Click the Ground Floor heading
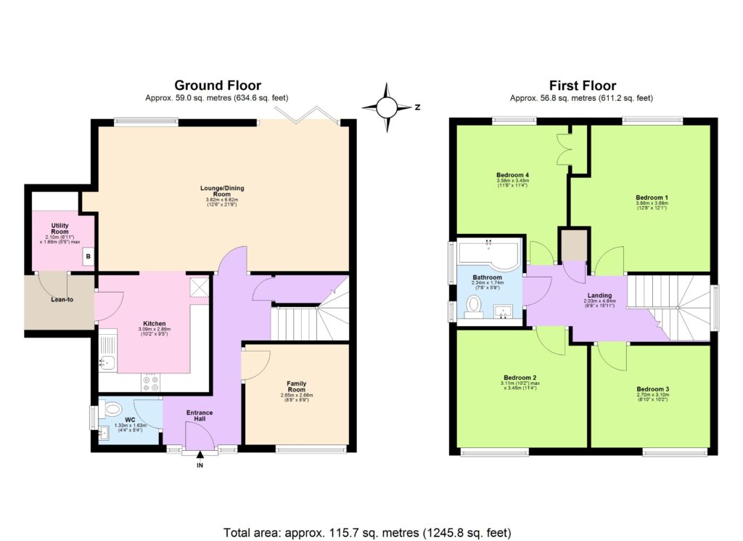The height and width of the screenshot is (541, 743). pos(218,86)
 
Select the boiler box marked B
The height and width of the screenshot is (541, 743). pos(88,256)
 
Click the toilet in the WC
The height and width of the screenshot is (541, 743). pos(112,410)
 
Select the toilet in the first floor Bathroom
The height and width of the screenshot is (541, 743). pos(475,309)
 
